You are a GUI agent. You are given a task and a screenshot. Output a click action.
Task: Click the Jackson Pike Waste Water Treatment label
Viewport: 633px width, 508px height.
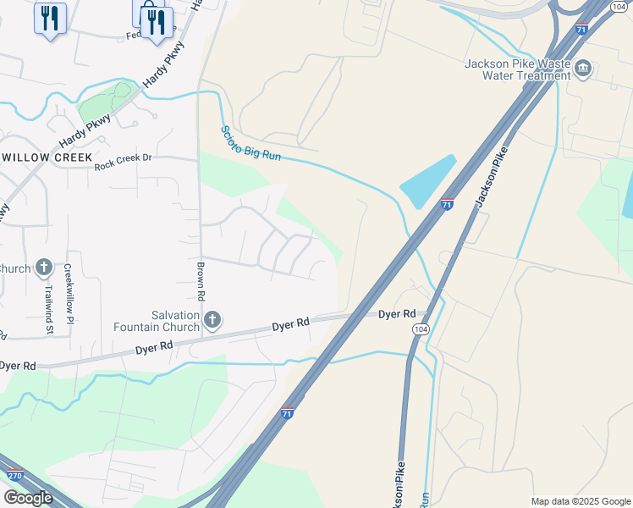click(x=518, y=69)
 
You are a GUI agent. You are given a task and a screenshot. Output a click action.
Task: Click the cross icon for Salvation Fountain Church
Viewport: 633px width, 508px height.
click(x=212, y=319)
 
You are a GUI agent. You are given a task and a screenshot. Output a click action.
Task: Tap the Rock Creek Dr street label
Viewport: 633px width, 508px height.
click(x=123, y=157)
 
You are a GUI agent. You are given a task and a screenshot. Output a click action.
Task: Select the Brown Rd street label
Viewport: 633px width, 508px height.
click(x=201, y=286)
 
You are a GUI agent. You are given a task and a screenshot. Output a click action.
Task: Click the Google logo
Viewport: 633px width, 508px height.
click(x=27, y=498)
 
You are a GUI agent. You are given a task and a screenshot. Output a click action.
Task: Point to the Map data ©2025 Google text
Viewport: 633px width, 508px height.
click(x=580, y=501)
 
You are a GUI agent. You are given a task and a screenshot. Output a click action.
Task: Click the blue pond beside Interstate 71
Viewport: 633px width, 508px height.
click(x=427, y=181)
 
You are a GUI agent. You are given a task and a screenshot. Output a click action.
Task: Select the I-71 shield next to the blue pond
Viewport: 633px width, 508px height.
click(x=448, y=204)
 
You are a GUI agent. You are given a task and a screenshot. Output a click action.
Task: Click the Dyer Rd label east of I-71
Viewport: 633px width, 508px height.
click(x=398, y=314)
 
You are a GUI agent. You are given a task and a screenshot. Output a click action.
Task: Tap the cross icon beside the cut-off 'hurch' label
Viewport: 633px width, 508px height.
click(x=44, y=268)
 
